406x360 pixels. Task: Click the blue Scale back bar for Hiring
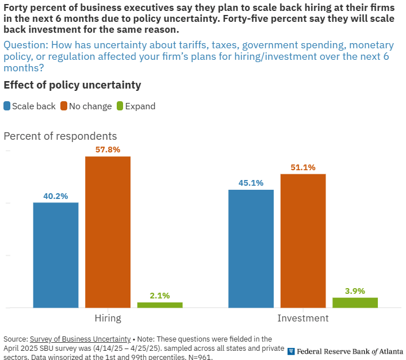tap(56, 255)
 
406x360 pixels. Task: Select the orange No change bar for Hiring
tap(108, 232)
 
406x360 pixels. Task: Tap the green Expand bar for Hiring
tap(160, 305)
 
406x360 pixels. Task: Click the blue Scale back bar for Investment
tap(251, 248)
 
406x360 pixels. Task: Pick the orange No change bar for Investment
tap(303, 240)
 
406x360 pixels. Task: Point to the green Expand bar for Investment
tap(355, 302)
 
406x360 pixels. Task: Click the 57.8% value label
tap(108, 149)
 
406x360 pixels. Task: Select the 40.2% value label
tap(56, 196)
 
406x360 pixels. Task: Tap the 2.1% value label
tap(160, 296)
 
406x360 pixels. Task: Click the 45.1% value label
tap(251, 183)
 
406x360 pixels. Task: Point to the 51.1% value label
tap(303, 167)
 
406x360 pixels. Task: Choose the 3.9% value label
tap(355, 291)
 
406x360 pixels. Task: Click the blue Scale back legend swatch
tap(7, 106)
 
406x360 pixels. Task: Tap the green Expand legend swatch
tap(120, 106)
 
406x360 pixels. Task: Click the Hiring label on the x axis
tap(108, 318)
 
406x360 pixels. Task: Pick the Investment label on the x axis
tap(303, 318)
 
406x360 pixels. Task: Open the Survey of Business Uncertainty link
tap(80, 339)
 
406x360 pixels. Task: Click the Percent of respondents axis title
tap(60, 136)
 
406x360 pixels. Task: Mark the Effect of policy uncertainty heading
tap(72, 85)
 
